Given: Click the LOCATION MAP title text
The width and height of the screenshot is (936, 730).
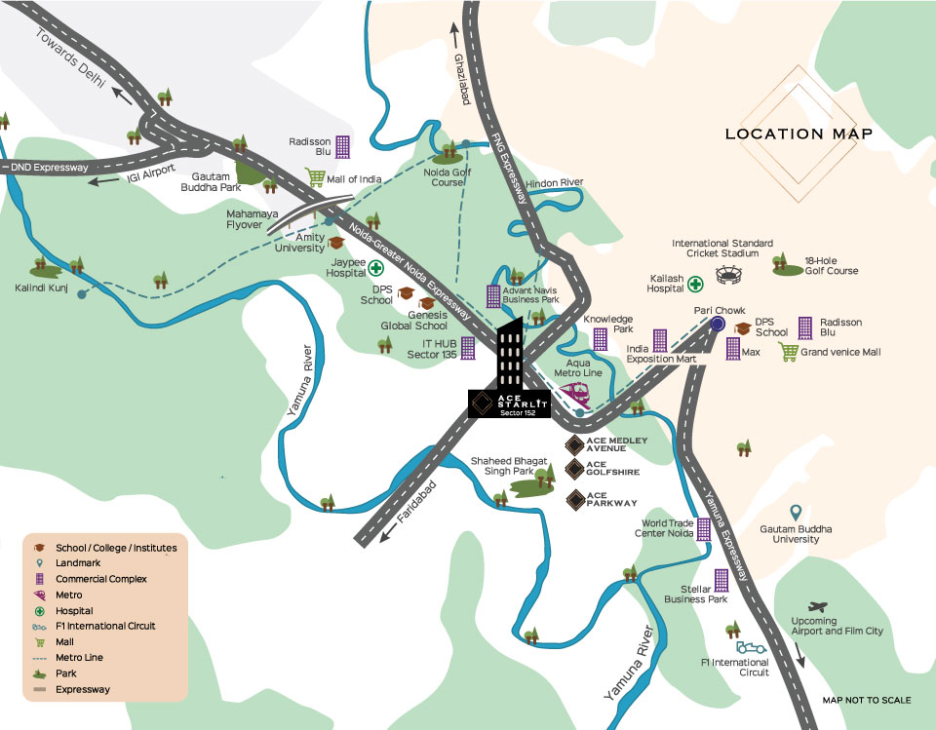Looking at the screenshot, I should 799,134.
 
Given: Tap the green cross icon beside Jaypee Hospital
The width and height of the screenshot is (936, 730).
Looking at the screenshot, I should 374,268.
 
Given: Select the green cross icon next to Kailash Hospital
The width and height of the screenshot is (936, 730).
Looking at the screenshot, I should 695,284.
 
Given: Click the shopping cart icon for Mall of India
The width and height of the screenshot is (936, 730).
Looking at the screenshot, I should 315,177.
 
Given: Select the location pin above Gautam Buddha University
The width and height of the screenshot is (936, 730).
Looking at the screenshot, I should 795,513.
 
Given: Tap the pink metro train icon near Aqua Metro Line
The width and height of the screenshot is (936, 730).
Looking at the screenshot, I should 575,394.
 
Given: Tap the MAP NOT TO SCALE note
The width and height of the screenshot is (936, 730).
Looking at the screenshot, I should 866,701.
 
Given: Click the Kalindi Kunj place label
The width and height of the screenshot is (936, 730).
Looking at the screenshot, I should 40,288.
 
